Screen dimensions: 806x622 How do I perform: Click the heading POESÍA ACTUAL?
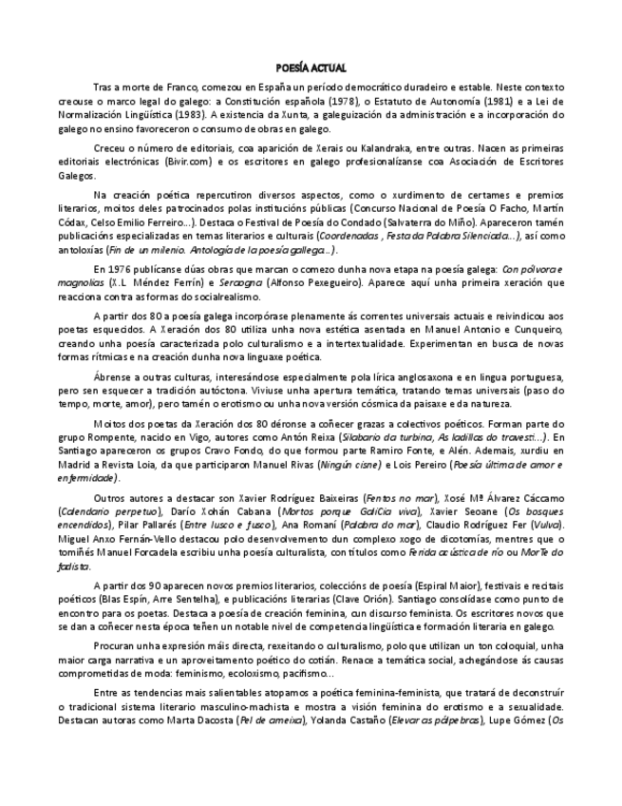point(311,68)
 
